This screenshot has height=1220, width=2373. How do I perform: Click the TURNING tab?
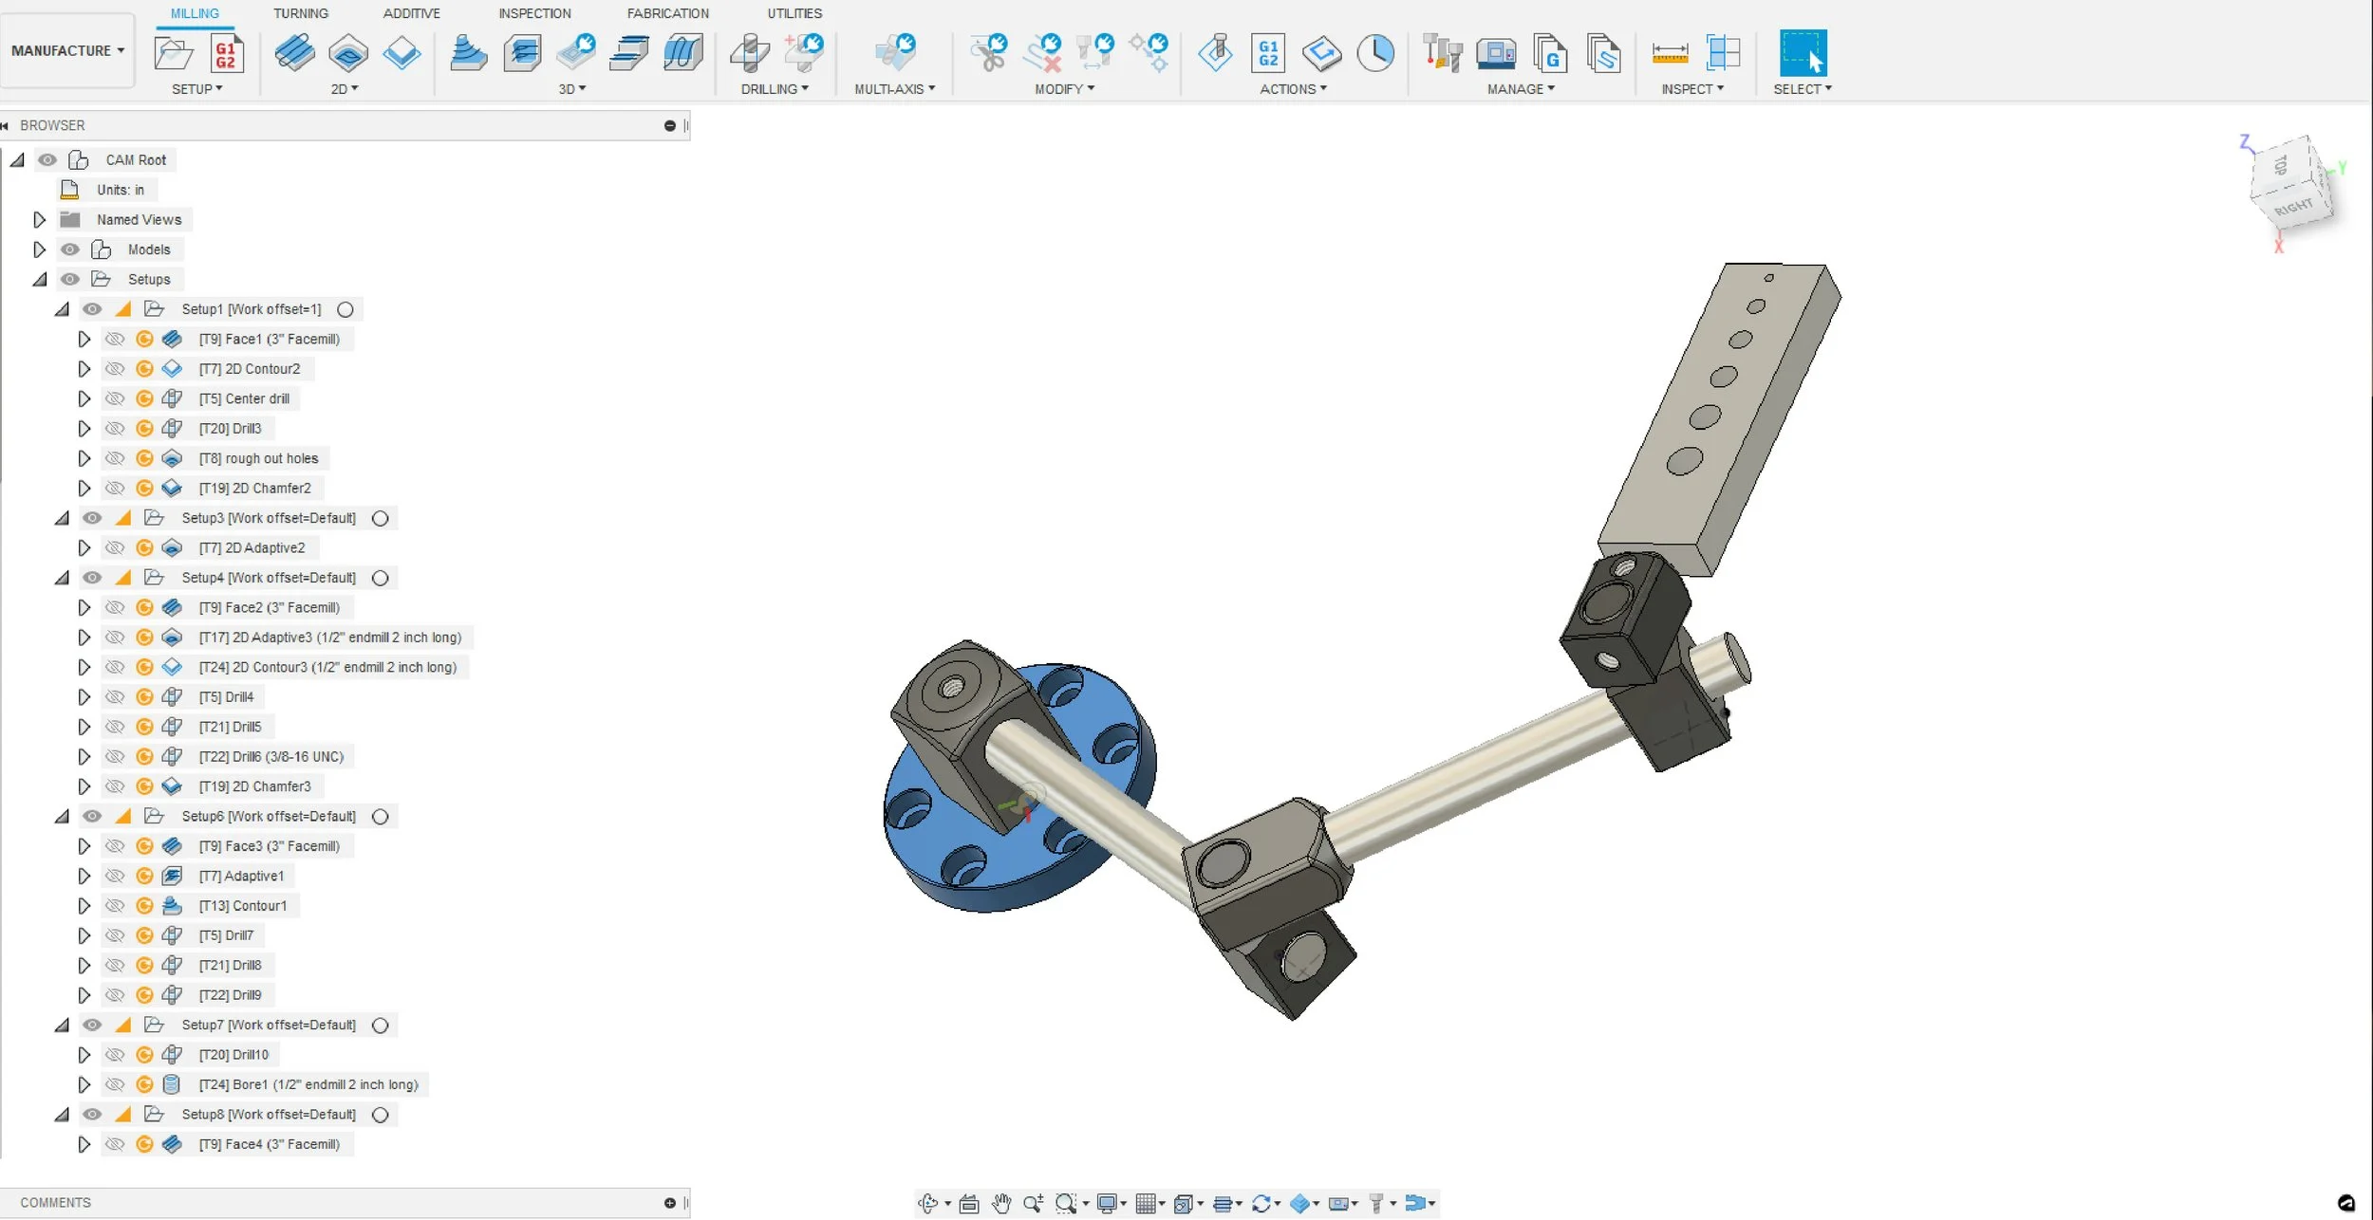(x=300, y=13)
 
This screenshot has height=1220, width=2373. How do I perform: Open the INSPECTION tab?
(x=534, y=13)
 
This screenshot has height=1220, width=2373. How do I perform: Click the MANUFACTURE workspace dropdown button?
(x=67, y=50)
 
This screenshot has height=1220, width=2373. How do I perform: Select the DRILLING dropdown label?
(x=775, y=89)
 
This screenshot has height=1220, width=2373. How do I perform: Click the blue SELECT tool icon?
(x=1802, y=53)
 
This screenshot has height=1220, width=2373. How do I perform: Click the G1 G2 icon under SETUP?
(x=225, y=54)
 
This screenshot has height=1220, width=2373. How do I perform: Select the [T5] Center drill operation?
(x=244, y=398)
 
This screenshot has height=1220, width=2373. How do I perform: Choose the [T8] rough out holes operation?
(x=258, y=458)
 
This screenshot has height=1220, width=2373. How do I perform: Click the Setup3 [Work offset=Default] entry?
(x=269, y=518)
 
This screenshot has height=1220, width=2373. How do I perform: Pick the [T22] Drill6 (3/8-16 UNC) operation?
(x=271, y=756)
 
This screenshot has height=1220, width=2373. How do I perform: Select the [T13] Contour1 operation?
(x=242, y=905)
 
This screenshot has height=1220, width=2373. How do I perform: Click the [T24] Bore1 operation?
(x=308, y=1084)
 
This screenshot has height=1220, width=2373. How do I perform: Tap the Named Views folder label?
(x=139, y=219)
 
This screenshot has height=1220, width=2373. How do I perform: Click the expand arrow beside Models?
(x=39, y=250)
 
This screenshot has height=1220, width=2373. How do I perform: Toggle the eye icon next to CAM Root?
(x=47, y=159)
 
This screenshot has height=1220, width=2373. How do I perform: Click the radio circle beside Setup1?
(x=346, y=309)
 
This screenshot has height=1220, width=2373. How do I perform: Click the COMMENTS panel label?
(x=55, y=1202)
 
